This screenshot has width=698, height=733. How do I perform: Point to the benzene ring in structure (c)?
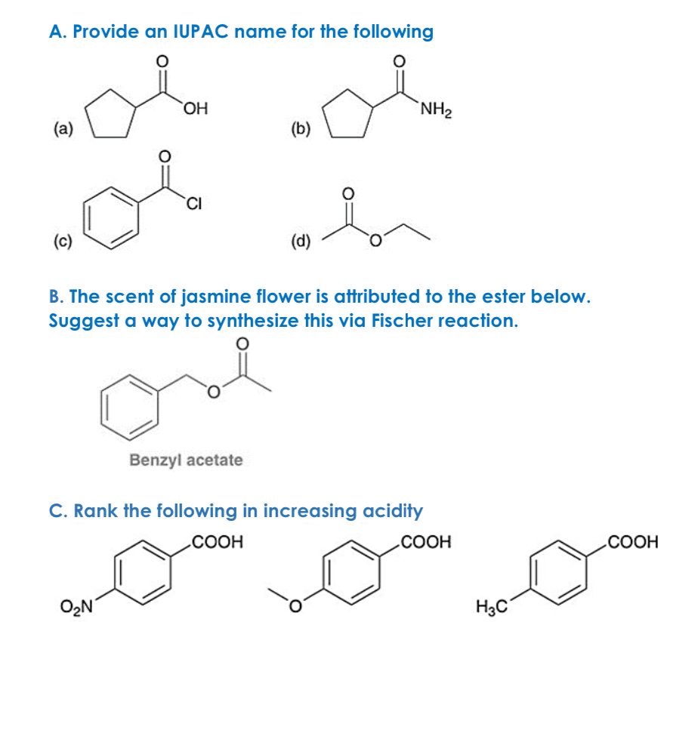click(x=113, y=213)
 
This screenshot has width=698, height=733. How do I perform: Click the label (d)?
click(x=301, y=241)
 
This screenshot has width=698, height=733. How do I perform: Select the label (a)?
click(x=62, y=128)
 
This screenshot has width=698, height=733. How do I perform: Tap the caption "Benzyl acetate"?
click(x=186, y=460)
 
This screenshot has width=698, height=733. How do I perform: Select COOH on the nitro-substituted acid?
click(x=216, y=542)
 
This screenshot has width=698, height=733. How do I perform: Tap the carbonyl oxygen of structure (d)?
click(x=348, y=192)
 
